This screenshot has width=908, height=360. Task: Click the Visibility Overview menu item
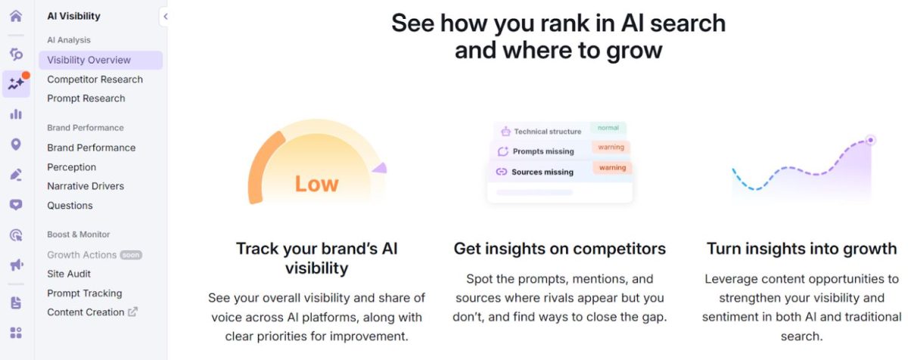pos(89,60)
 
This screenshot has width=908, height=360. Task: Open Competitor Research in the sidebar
pos(95,79)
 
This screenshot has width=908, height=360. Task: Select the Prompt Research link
pos(86,98)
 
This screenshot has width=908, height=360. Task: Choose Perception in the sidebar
pos(71,167)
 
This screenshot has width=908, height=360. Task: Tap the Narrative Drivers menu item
pos(86,186)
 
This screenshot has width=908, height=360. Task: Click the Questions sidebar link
pos(70,206)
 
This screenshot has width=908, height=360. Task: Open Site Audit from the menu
pos(69,274)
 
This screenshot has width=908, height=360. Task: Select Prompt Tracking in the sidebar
pos(84,293)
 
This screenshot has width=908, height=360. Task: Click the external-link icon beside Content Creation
pos(133,312)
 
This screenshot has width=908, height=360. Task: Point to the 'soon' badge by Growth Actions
pos(131,255)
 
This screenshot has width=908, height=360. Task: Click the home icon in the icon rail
pos(16,16)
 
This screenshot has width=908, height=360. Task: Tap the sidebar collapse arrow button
pos(165,17)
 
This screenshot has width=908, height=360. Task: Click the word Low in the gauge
pos(316,184)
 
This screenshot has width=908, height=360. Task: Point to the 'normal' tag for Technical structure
pos(608,128)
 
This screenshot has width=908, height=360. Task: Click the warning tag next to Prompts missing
pos(611,147)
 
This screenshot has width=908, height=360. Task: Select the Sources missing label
pos(543,172)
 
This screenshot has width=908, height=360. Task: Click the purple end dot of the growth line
pos(870,140)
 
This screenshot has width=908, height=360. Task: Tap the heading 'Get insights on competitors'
pos(559,249)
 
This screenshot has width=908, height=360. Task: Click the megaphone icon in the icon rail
pos(16,265)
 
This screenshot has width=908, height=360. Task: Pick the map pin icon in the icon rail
pos(16,144)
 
